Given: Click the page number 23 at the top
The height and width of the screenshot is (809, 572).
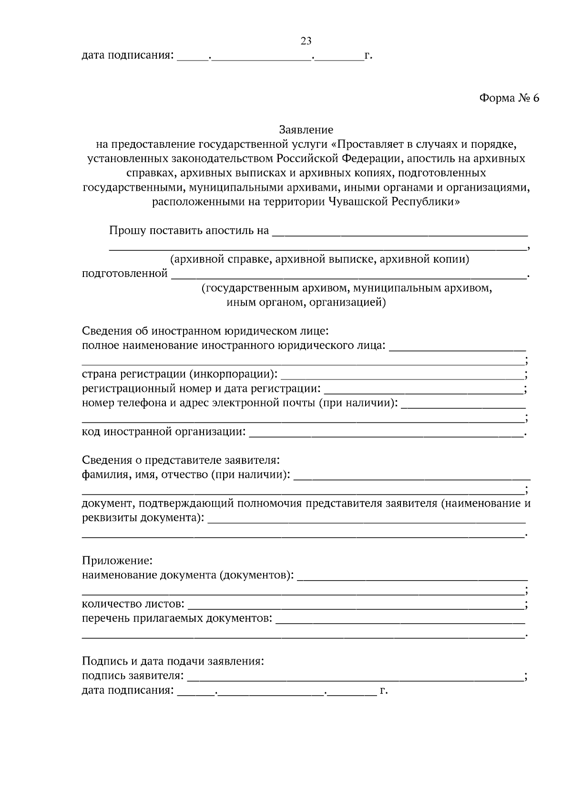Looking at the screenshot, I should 306,41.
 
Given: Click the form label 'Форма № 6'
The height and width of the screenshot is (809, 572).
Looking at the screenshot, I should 509,98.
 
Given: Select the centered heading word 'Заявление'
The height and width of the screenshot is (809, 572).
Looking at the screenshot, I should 306,130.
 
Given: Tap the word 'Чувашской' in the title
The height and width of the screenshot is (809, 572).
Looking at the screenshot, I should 358,202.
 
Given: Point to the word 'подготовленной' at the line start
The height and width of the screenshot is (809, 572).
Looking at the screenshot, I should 125,274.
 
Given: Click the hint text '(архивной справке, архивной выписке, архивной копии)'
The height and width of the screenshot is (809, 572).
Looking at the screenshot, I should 319,260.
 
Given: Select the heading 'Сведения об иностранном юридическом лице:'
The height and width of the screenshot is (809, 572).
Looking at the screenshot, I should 205,331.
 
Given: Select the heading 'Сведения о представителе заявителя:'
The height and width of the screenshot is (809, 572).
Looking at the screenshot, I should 181,461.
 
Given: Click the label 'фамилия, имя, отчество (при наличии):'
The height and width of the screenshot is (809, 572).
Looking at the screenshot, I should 186,475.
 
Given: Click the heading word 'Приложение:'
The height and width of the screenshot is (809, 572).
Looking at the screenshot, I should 117,561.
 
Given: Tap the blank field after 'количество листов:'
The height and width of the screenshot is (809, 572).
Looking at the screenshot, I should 355,605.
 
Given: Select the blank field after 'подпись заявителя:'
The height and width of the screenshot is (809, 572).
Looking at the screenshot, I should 355,676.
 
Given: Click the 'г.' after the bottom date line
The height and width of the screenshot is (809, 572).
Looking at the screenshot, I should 384,690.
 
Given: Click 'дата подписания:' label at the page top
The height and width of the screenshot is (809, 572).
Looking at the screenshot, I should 127,56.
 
